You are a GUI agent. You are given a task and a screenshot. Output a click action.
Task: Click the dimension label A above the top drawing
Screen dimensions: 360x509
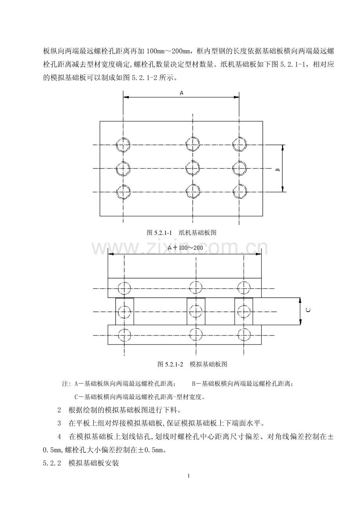click(182, 93)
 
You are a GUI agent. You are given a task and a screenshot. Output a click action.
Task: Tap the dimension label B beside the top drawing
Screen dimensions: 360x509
click(278, 170)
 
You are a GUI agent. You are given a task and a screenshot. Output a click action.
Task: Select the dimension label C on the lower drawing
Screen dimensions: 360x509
click(308, 310)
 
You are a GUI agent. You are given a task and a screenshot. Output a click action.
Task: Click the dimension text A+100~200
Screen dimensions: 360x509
click(185, 248)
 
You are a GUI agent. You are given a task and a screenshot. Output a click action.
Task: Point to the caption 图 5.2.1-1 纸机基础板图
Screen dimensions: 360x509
click(182, 233)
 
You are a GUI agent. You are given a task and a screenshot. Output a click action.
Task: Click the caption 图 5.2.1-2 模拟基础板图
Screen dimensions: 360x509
click(193, 364)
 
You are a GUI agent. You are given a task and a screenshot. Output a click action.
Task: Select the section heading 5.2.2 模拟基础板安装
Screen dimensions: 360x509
click(81, 463)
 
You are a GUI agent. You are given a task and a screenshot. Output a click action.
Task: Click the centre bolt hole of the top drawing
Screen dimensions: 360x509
click(193, 168)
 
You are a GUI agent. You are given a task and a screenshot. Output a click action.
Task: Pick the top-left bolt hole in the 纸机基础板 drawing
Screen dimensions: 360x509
click(123, 145)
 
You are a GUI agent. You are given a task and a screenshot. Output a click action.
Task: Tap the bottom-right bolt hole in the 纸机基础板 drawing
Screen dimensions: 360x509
click(239, 192)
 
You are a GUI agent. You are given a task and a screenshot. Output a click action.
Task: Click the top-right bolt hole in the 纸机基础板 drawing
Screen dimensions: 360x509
click(239, 145)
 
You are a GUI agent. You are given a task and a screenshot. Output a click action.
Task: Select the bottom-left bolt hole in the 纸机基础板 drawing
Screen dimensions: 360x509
click(123, 192)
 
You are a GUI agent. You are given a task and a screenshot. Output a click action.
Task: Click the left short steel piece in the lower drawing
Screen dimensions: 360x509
click(124, 311)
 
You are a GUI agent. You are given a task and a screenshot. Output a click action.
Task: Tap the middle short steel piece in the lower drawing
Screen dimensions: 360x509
click(196, 311)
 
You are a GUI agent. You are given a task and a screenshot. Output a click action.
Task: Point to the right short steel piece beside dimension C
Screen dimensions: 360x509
click(243, 311)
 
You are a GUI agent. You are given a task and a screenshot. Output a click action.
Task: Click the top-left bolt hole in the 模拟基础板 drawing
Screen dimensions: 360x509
click(124, 288)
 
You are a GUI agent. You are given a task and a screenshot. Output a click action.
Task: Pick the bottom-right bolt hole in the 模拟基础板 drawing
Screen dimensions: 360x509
click(244, 335)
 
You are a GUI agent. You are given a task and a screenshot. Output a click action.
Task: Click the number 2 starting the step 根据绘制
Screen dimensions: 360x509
click(59, 410)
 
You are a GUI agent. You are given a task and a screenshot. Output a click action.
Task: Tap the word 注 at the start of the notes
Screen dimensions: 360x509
click(65, 384)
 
